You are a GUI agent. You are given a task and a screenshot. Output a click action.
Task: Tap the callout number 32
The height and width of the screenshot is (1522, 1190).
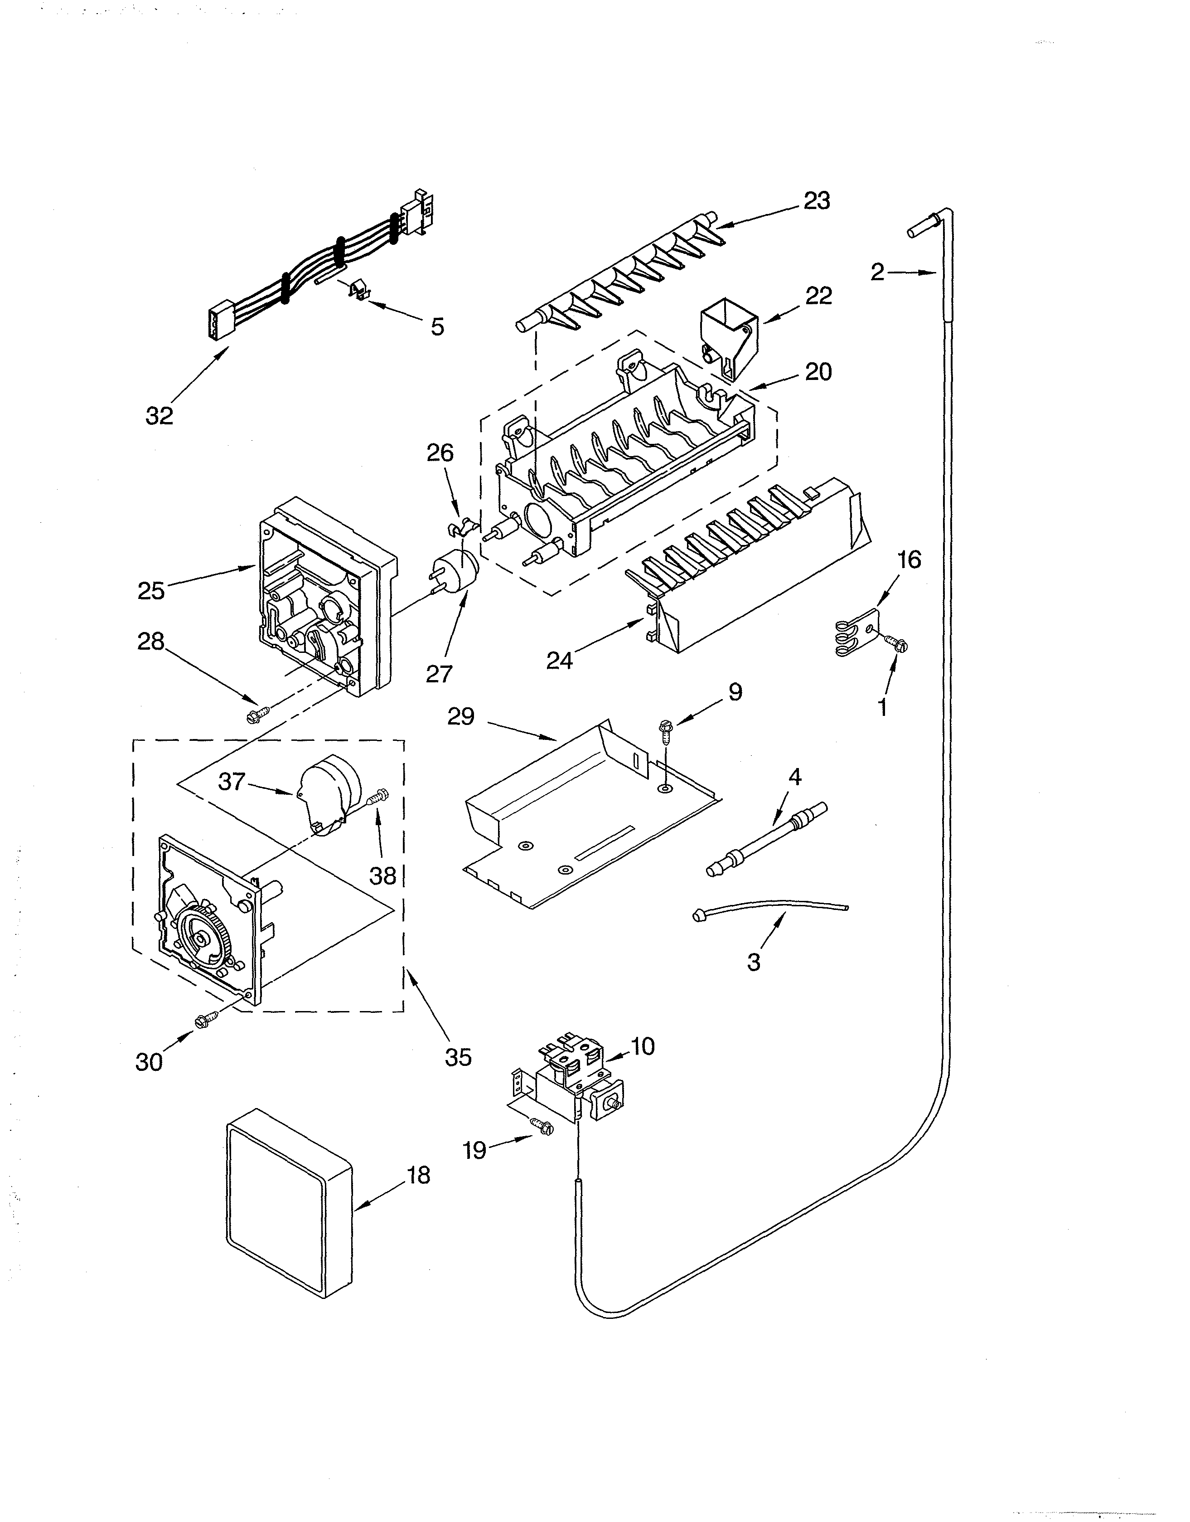159,416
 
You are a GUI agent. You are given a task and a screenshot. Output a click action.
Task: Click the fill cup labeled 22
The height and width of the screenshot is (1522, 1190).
728,335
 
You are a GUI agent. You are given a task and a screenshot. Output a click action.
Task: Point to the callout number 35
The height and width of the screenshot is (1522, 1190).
459,1056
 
